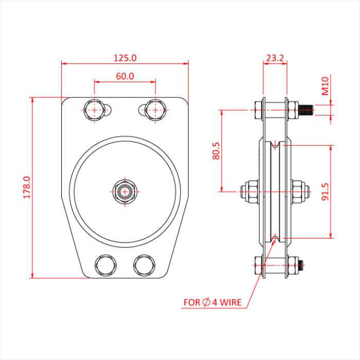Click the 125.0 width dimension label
click(x=125, y=58)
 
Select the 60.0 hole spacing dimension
click(x=125, y=76)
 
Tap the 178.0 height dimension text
click(x=27, y=187)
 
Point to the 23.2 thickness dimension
click(x=275, y=58)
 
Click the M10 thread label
click(x=325, y=86)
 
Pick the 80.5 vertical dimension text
click(x=216, y=151)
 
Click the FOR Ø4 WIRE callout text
click(x=212, y=302)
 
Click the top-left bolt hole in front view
click(x=95, y=110)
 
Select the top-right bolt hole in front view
click(x=154, y=110)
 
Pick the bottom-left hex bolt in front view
click(x=105, y=265)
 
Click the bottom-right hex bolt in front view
click(x=143, y=265)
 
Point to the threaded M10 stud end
click(x=307, y=110)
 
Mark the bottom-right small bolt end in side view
click(x=300, y=266)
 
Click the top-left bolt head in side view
click(x=257, y=109)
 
